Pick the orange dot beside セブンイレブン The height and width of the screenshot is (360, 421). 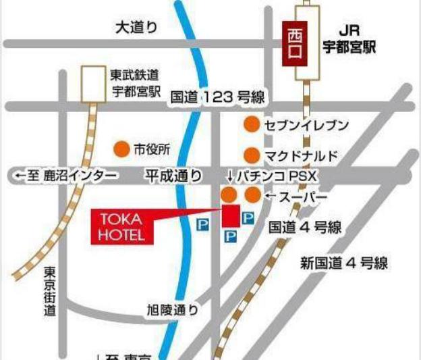(x=252, y=125)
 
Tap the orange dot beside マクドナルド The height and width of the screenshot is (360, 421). (x=252, y=155)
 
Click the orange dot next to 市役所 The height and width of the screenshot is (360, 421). (x=121, y=149)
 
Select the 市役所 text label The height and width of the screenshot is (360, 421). (x=152, y=149)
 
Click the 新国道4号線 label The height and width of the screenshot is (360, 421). (x=343, y=263)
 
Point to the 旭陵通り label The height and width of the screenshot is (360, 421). (x=173, y=310)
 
